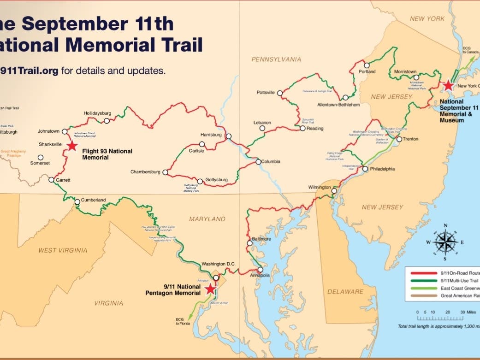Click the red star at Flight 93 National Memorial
(72, 146)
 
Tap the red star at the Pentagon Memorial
(210, 289)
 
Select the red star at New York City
(448, 85)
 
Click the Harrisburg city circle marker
(228, 136)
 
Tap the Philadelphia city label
(383, 169)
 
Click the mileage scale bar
(440, 318)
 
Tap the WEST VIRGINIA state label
(63, 250)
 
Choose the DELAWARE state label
(345, 291)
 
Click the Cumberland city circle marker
(77, 201)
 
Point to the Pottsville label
(266, 93)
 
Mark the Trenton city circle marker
(399, 139)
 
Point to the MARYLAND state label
(207, 219)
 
